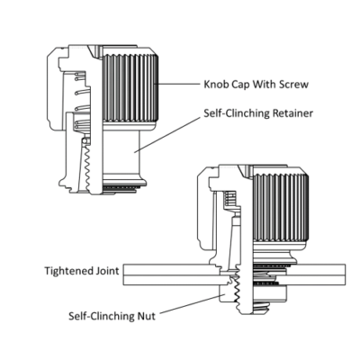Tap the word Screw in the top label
point(292,85)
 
